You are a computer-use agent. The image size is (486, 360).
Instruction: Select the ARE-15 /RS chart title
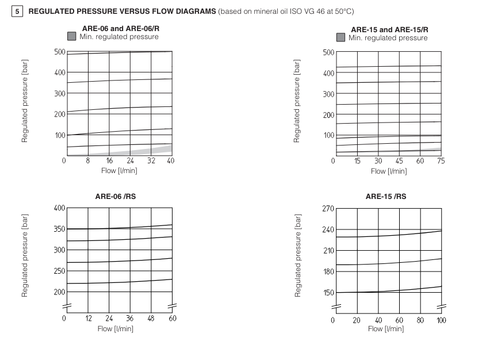tap(385, 197)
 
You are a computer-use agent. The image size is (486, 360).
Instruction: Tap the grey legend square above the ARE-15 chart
tap(341, 38)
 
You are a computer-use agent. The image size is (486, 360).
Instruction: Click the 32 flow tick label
tap(151, 161)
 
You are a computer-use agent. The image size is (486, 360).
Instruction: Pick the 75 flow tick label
tap(441, 161)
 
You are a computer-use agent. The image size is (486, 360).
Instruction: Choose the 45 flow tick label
tap(399, 161)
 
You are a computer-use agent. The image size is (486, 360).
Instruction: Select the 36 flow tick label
tap(130, 318)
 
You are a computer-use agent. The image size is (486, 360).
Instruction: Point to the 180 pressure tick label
tap(328, 271)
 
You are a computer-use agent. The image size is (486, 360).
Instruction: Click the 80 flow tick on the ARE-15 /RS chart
tap(420, 320)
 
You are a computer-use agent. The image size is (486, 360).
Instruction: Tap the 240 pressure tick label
tap(328, 229)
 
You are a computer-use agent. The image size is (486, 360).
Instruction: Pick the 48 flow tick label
tap(151, 318)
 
